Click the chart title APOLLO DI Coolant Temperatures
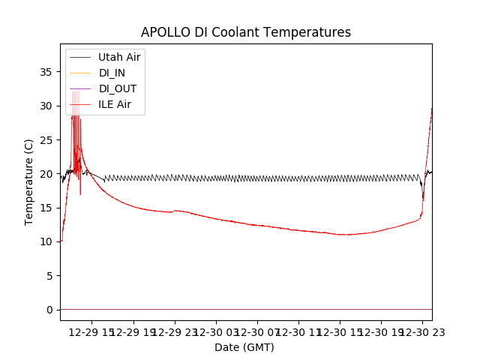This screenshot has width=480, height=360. [246, 32]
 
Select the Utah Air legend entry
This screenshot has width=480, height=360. [119, 57]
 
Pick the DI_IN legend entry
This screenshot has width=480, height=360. [113, 73]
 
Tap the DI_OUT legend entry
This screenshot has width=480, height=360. [118, 88]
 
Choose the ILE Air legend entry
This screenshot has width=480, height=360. [115, 104]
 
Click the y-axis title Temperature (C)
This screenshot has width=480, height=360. [28, 181]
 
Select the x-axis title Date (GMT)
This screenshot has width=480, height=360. [244, 347]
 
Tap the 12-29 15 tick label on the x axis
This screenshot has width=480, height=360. [92, 332]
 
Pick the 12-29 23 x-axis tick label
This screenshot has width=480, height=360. [174, 332]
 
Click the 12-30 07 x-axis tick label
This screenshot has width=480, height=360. [256, 332]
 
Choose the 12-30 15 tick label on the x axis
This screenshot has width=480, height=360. [339, 332]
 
